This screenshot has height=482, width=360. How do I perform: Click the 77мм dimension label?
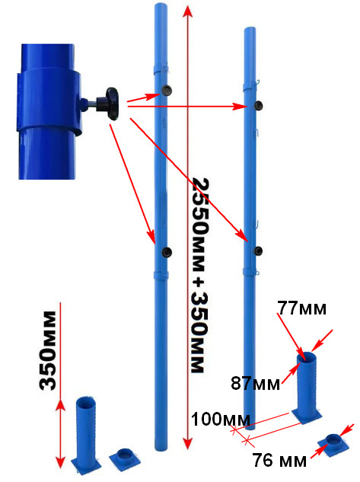pos(302,308)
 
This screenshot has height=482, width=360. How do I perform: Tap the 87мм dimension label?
pos(255,383)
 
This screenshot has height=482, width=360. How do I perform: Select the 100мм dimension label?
pos(221,419)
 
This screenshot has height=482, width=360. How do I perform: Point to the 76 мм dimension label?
pos(279,460)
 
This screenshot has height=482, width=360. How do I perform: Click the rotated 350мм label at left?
pos(48,351)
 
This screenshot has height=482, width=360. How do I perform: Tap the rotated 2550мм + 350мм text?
pos(200,275)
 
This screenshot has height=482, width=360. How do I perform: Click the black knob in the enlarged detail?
pos(112,104)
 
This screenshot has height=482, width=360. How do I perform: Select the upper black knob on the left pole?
pos(167,90)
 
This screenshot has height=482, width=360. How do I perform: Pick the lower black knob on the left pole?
pos(167,252)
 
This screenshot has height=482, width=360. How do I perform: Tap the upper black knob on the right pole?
pos(258,105)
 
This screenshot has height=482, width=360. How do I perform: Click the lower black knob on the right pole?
pos(258,251)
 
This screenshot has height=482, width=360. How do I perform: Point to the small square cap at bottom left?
pos(125,457)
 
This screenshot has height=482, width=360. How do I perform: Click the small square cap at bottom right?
pos(333,445)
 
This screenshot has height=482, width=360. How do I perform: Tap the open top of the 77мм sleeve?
pos(306,358)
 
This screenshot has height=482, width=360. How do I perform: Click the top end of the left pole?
pos(161,5)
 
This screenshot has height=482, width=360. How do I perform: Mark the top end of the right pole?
pos(250,29)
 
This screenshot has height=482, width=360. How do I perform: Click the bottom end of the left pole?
pos(161,449)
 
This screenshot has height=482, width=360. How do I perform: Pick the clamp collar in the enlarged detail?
pos(49,101)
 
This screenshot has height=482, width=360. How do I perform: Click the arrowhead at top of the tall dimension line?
pos(187,11)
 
